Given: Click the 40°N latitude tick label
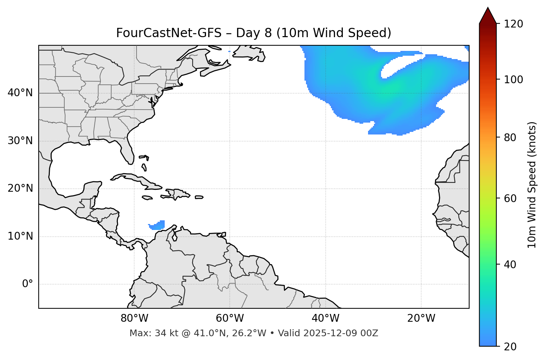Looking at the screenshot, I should (x=20, y=93).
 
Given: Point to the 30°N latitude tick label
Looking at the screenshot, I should (x=20, y=141).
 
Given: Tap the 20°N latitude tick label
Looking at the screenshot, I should (x=20, y=188).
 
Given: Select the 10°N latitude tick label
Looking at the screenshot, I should (x=20, y=236).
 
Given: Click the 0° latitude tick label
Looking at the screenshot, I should (x=28, y=284).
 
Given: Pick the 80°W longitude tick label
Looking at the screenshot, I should (x=134, y=318).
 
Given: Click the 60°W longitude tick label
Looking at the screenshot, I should (x=230, y=318).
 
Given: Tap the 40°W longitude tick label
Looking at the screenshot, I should (x=325, y=318).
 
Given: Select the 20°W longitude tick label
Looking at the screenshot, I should (x=421, y=318).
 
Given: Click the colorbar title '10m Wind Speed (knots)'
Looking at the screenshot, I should (x=532, y=185).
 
